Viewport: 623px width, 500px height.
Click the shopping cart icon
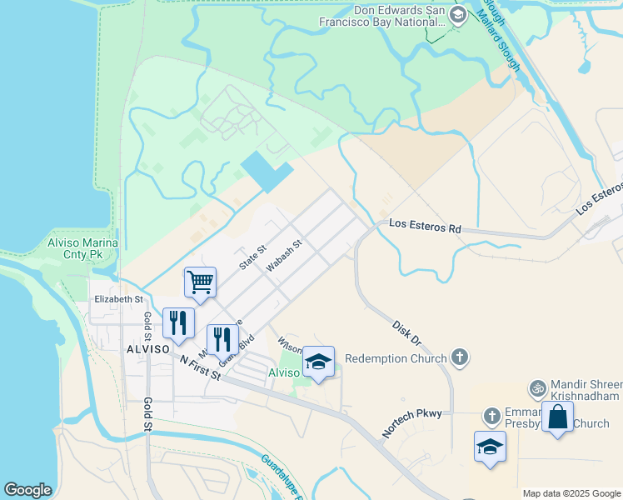tap(201, 282)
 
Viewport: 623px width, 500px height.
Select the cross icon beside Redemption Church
tap(459, 357)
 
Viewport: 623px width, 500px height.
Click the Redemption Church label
tap(396, 357)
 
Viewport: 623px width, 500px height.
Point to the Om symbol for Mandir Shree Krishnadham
tap(538, 387)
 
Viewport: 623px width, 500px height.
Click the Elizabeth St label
tap(118, 298)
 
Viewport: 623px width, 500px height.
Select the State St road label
tap(252, 256)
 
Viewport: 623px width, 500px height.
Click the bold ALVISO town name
tap(147, 348)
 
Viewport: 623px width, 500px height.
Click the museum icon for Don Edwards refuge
tap(457, 15)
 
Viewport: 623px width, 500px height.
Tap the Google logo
tap(27, 490)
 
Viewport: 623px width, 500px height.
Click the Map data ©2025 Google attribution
tap(571, 493)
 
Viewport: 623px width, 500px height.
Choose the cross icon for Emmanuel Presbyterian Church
tap(492, 415)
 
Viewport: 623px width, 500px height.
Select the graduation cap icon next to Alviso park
tap(318, 362)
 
